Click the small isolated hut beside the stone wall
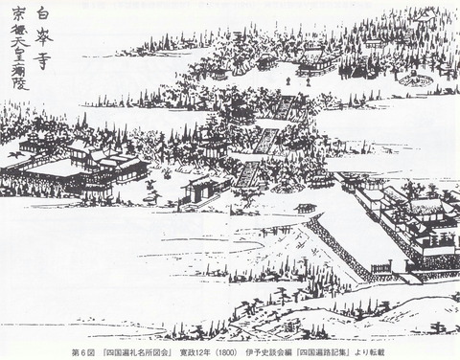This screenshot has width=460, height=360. pyautogui.click(x=306, y=208)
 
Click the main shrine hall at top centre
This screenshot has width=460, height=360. pyautogui.click(x=317, y=62)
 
